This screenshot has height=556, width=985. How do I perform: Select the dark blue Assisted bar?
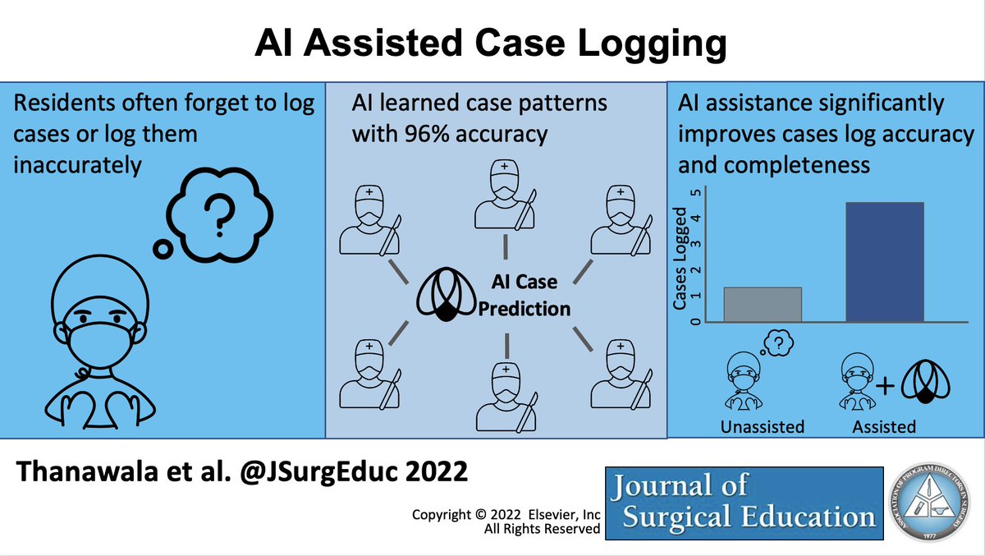pos(885,261)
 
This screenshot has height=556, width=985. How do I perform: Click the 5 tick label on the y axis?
pos(696,193)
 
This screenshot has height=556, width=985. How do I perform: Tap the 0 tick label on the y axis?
pos(696,321)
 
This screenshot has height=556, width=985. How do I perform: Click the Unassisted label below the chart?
pos(762,426)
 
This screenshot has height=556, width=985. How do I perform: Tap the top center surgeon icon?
pos(504,195)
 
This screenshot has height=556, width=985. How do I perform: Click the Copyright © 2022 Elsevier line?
pos(506,514)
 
